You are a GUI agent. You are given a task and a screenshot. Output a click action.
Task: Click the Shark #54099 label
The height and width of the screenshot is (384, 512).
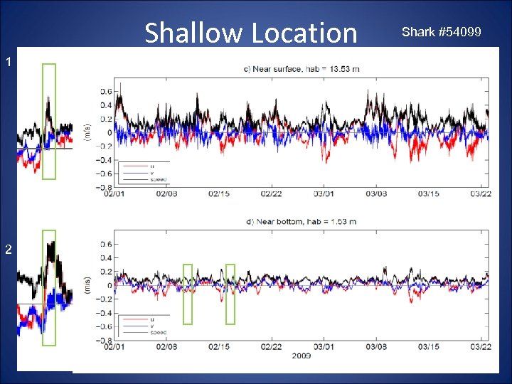(x=441, y=33)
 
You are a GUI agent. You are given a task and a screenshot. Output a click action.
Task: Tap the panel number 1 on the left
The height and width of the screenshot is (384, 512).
(x=8, y=63)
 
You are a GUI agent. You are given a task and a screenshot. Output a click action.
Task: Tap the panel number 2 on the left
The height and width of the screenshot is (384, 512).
(x=8, y=249)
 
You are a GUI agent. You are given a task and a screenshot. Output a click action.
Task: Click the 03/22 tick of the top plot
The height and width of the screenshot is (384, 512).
(x=481, y=193)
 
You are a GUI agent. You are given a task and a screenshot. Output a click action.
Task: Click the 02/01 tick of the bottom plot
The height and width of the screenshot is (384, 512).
(x=116, y=346)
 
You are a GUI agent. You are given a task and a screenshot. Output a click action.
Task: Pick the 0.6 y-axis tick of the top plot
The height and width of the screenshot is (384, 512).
(x=105, y=91)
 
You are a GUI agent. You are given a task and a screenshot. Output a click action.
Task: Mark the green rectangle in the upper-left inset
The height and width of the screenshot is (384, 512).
(x=48, y=121)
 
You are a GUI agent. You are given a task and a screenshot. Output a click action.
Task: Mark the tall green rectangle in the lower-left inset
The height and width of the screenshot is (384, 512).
(x=49, y=287)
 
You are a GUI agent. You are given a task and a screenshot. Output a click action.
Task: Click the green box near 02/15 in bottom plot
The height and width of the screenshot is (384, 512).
(x=230, y=294)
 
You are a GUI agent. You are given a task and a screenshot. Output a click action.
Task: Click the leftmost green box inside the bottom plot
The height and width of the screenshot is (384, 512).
(x=188, y=294)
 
